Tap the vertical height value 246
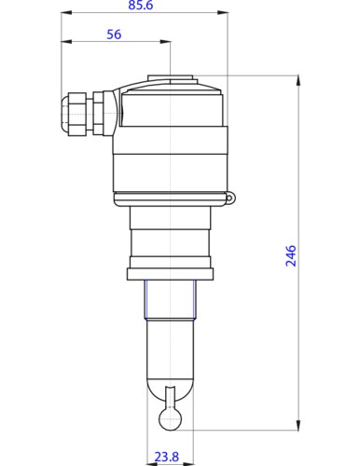coord(290,255)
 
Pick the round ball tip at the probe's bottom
coord(170,419)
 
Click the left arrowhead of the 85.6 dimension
coord(64,14)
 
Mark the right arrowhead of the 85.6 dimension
coord(225,14)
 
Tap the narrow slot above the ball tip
coord(170,397)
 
